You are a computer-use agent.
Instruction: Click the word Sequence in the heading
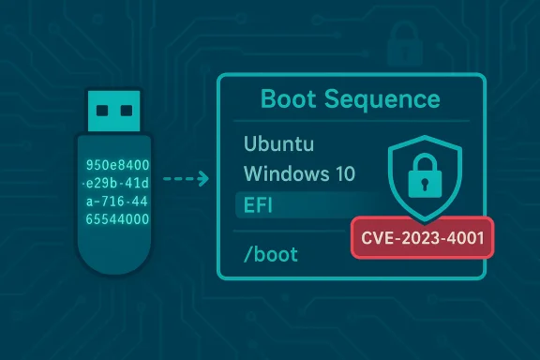383,99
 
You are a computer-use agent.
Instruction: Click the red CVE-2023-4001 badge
420,238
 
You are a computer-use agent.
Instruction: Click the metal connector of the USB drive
110,112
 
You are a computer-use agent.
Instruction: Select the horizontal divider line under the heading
351,122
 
